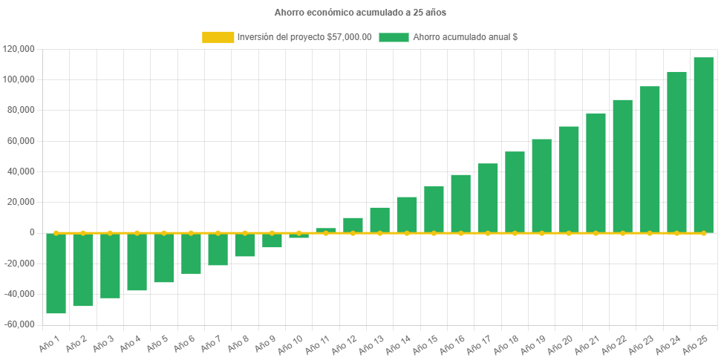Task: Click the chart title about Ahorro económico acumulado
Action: click(360, 13)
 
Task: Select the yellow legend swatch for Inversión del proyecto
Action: click(218, 37)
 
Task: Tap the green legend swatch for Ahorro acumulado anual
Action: click(394, 37)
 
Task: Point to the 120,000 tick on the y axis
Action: click(20, 49)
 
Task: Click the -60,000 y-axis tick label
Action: click(20, 324)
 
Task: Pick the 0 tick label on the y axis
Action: click(31, 232)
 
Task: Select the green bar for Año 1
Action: click(56, 273)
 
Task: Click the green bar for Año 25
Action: click(703, 145)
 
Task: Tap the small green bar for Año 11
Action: click(325, 230)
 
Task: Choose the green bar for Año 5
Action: click(163, 258)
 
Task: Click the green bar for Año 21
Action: click(596, 172)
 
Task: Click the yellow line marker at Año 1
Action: click(56, 233)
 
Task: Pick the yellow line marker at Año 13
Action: click(379, 233)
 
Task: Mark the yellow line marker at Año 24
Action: click(676, 233)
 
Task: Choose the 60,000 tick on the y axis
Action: click(22, 141)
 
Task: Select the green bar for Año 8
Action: click(244, 245)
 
